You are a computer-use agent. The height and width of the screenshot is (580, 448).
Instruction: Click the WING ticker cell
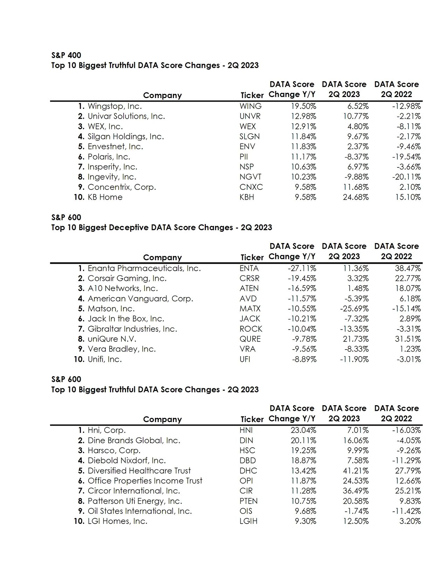(x=250, y=106)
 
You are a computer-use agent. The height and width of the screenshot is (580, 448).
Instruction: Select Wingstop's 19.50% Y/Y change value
(x=303, y=106)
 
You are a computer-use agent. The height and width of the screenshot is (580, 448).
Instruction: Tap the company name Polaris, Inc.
(x=108, y=157)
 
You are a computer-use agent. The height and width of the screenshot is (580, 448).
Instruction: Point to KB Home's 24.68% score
(x=356, y=197)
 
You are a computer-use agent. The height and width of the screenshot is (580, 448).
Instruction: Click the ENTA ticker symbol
(x=249, y=268)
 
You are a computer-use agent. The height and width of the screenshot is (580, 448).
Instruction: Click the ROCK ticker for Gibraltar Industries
(x=251, y=329)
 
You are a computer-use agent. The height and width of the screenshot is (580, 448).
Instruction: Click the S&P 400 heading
(x=66, y=55)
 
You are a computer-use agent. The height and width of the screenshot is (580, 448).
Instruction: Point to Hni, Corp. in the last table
(x=106, y=430)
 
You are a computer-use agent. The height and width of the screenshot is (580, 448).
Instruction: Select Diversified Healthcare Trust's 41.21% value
(x=356, y=471)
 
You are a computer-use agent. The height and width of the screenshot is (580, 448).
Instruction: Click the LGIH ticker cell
(x=248, y=521)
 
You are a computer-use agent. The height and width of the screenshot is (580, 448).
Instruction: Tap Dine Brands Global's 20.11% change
(x=303, y=440)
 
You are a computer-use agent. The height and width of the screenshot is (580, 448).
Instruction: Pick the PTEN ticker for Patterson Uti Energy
(x=248, y=501)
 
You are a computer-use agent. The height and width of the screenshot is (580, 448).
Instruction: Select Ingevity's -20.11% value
(x=406, y=177)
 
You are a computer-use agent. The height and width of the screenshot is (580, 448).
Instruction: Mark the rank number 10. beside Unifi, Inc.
(x=79, y=359)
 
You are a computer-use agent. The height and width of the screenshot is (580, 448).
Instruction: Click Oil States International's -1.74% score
(x=356, y=511)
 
